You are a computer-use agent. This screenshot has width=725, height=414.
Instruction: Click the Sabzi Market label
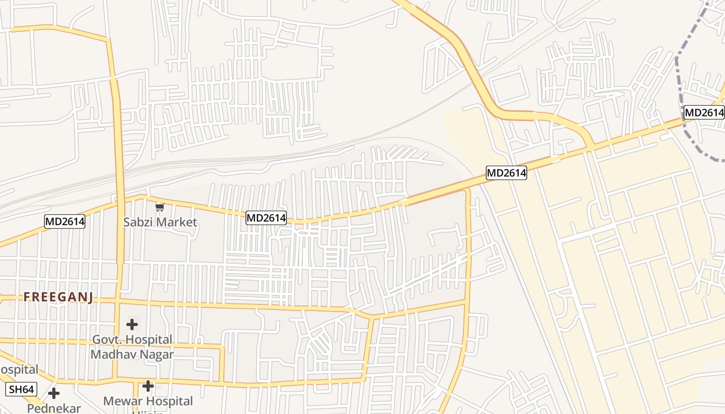coord(160,222)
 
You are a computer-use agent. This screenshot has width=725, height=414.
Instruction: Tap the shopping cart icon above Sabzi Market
coord(160,207)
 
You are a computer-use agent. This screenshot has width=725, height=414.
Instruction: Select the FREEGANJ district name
coord(58,297)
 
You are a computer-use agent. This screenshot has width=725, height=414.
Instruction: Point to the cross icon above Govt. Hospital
coord(132,324)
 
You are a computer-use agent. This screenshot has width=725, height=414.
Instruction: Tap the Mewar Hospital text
coord(148,401)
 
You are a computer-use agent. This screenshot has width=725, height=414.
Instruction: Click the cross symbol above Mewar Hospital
coord(148,386)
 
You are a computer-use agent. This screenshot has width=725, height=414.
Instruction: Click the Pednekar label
coord(54,408)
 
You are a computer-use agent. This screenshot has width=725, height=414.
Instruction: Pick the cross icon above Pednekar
coord(54,393)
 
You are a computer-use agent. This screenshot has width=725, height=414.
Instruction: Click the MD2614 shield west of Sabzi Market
coord(65,222)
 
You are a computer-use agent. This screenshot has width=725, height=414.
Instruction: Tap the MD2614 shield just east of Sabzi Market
coord(266,218)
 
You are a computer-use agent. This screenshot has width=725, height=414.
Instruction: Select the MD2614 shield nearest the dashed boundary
coord(704,112)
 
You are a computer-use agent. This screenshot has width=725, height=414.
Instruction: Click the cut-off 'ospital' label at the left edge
coord(19,369)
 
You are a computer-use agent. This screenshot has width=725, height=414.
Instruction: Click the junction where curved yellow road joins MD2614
coord(589,149)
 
